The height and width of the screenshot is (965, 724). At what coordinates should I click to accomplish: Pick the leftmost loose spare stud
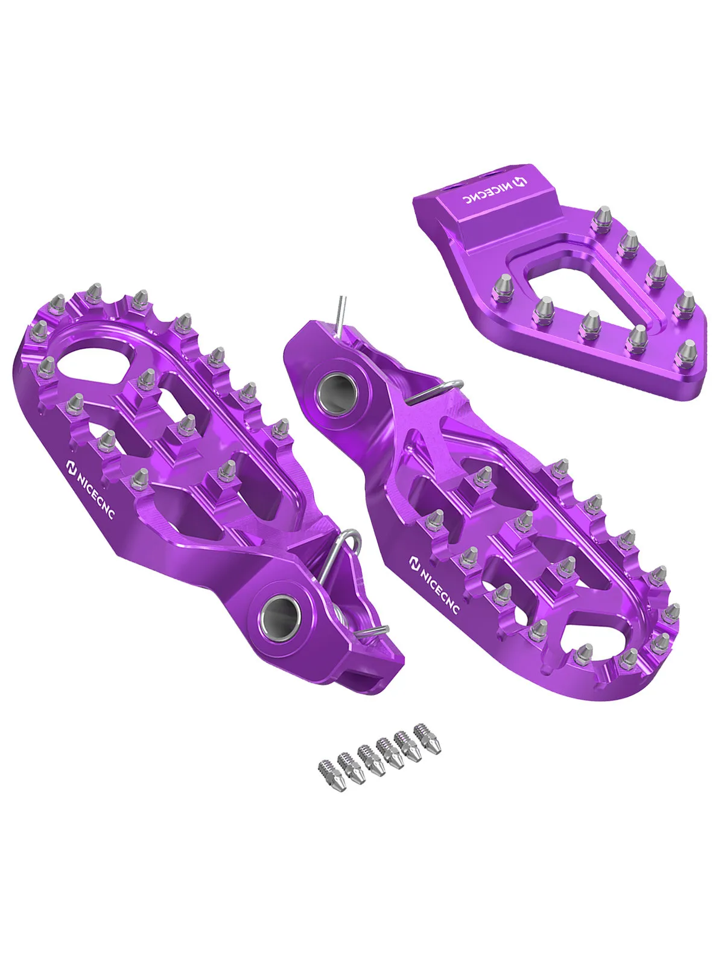324,771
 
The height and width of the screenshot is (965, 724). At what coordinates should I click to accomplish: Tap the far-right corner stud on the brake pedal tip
688,352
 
